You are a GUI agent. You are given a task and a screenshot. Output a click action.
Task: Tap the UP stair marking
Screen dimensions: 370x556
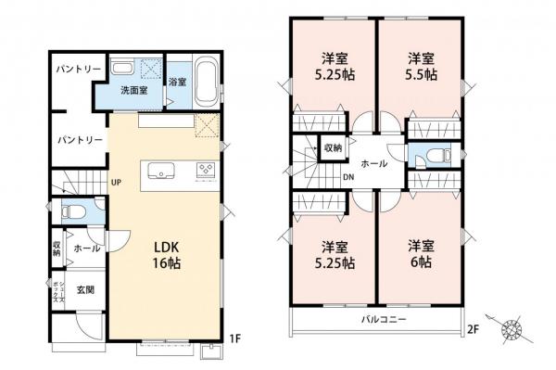click(x=118, y=182)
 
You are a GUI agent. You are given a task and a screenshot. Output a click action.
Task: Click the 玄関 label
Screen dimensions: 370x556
click(x=82, y=291)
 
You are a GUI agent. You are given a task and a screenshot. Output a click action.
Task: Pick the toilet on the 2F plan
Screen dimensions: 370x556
click(x=435, y=158)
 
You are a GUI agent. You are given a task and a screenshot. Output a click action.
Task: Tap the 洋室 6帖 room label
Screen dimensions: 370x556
click(x=422, y=254)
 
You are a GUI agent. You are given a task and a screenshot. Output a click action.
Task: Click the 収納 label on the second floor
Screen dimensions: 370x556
click(x=333, y=147)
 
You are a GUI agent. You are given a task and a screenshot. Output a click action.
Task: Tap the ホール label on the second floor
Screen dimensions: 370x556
click(x=373, y=163)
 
